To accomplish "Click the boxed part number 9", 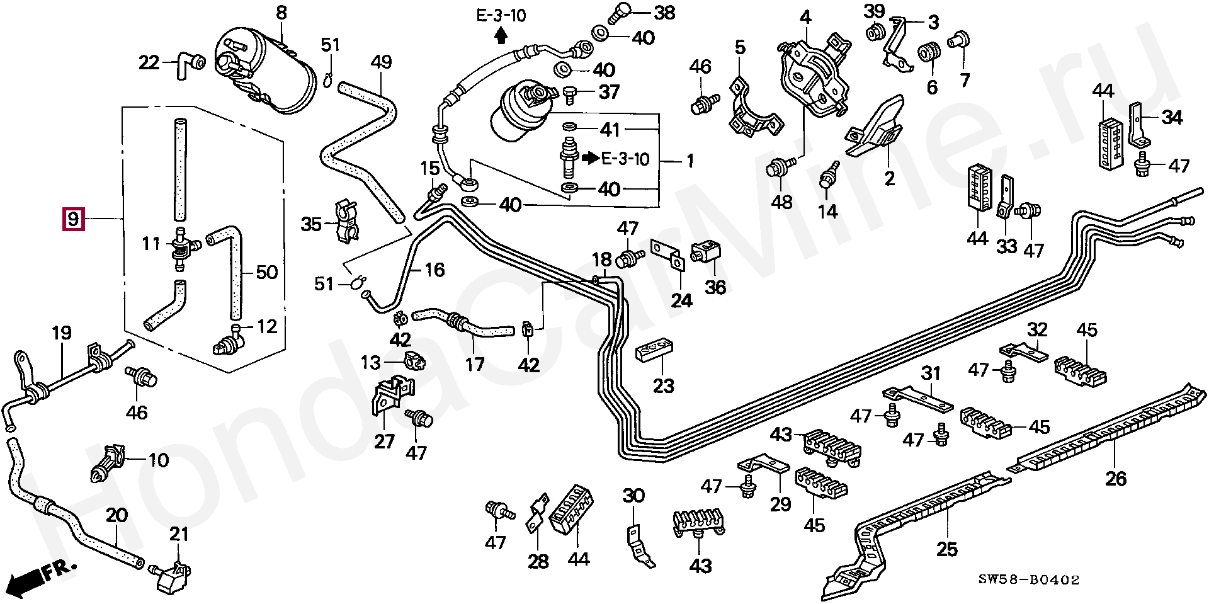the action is coord(73,219).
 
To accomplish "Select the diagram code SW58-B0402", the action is coord(1028,579).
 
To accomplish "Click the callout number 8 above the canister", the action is coord(281,12).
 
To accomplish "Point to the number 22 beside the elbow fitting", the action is coord(149,62).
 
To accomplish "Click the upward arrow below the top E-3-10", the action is coord(501,37).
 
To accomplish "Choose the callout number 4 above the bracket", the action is coord(805,18).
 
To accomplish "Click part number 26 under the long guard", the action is coord(1116,479).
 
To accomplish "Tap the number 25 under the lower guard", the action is coord(946,549).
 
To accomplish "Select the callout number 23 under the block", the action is coord(663,385).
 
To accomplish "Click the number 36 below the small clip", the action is coord(715,287).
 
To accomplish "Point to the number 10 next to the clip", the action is coord(158,460).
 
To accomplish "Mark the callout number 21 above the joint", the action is coord(179,534).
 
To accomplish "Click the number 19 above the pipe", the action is coord(61,333).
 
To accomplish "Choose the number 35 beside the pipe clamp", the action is coord(311,224).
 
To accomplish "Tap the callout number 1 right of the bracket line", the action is coord(690,161).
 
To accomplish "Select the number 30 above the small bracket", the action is coord(633,496).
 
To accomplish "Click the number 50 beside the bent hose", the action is coord(267,272).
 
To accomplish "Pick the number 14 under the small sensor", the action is coord(827,212).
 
